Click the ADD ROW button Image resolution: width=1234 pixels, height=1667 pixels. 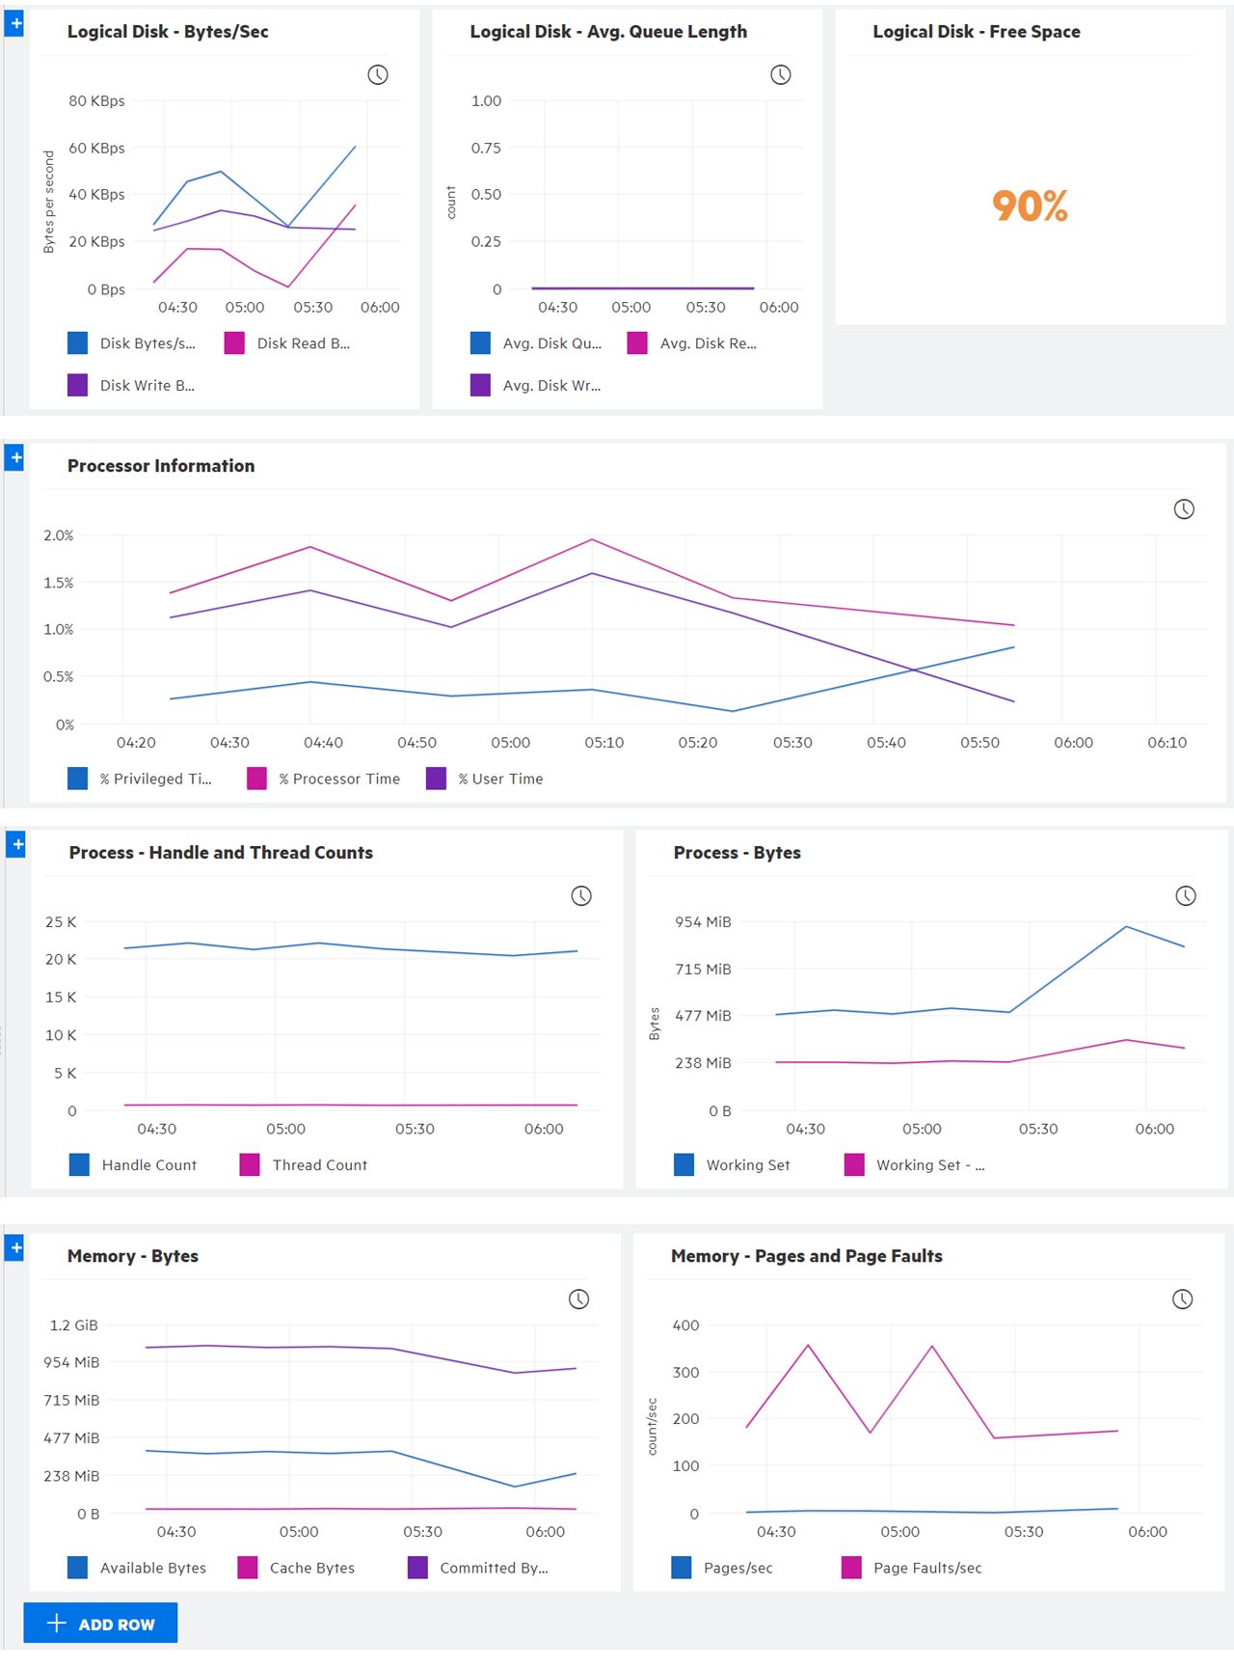(x=100, y=1624)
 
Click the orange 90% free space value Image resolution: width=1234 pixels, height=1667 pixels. (x=1030, y=205)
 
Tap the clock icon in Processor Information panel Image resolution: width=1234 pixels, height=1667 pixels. (x=1184, y=509)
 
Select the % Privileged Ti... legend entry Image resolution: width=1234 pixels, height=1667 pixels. (x=141, y=779)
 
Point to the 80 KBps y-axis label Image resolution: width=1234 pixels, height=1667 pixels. (x=96, y=100)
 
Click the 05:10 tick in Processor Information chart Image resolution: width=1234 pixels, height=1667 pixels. (x=604, y=742)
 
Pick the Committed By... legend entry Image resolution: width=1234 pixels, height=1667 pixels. (x=479, y=1568)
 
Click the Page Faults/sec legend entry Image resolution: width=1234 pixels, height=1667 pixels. (x=912, y=1568)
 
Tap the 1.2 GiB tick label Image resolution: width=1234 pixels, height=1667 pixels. (x=74, y=1325)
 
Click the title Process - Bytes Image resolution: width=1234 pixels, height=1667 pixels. (x=737, y=853)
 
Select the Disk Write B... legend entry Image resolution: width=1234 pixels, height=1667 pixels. (x=132, y=385)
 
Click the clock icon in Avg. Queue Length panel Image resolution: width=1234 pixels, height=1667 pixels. (x=781, y=75)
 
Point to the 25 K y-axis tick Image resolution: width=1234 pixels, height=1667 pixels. (x=61, y=921)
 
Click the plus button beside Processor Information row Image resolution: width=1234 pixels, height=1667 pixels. (x=14, y=457)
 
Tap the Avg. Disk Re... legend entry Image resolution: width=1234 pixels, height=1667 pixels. (x=692, y=342)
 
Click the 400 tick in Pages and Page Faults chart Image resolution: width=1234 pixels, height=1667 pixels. (x=685, y=1325)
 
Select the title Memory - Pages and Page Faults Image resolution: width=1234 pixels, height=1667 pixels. (x=806, y=1256)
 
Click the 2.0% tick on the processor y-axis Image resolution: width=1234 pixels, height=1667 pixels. (x=58, y=534)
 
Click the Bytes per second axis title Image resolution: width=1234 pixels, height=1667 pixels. (x=49, y=202)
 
